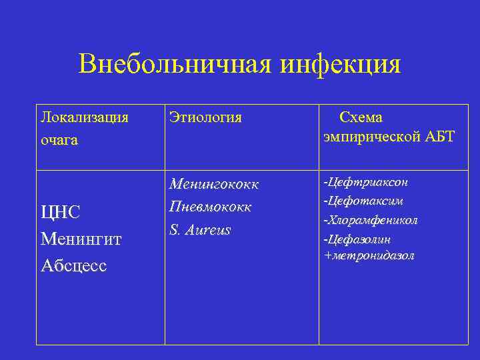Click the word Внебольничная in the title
(174, 65)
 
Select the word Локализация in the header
(84, 118)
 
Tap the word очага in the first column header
(59, 140)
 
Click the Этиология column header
(205, 118)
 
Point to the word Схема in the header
(361, 118)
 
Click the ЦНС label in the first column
(61, 213)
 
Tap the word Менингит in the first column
(81, 239)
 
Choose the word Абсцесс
(73, 265)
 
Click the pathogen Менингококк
(214, 183)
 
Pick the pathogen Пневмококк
(211, 207)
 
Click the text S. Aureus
(200, 230)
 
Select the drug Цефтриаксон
(365, 182)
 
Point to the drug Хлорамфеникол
(371, 220)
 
